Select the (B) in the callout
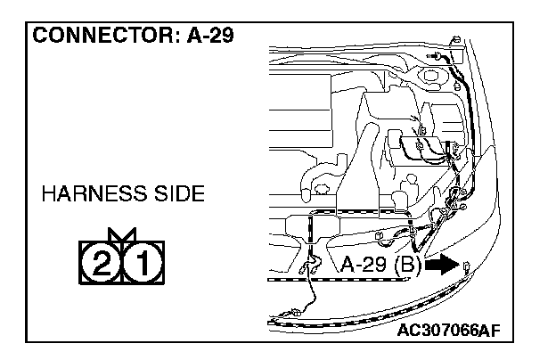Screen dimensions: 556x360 pos(406,265)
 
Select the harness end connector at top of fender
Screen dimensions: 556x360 pos(454,39)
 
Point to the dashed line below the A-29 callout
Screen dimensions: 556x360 pos(339,279)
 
